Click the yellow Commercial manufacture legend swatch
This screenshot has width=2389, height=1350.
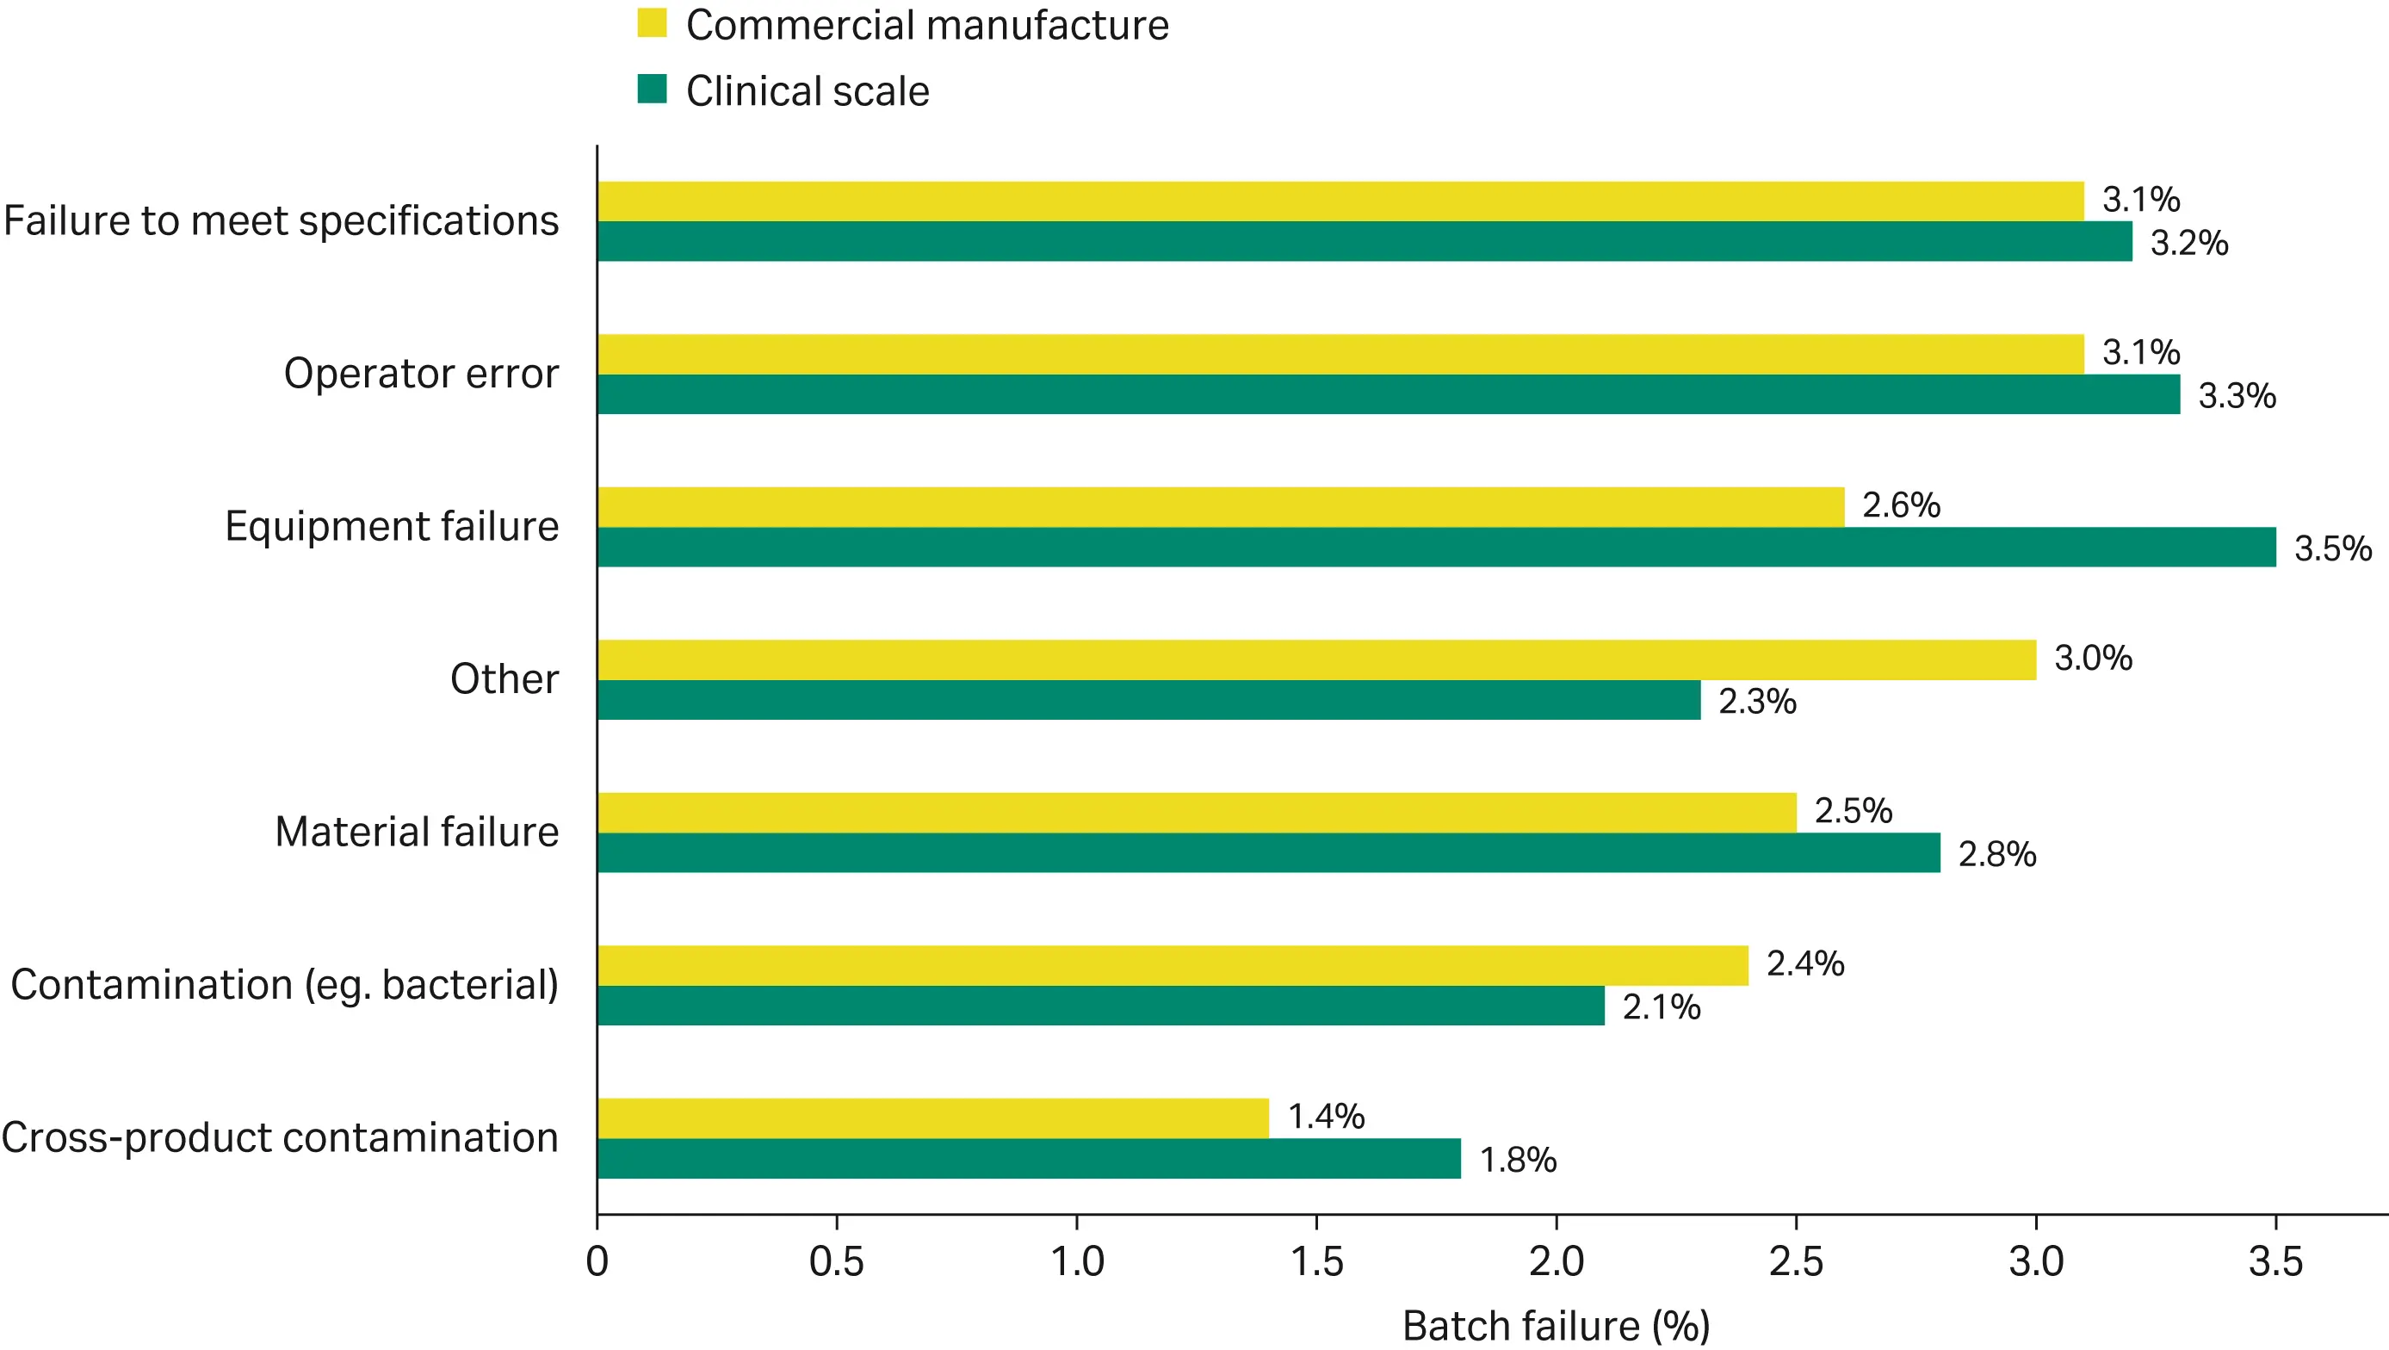[x=652, y=23]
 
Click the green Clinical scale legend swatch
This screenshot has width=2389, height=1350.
[x=652, y=89]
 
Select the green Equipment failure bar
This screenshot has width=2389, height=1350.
[x=1436, y=547]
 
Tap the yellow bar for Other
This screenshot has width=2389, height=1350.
[x=1316, y=660]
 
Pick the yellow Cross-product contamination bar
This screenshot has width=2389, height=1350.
[x=932, y=1118]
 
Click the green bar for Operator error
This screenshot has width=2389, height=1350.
[x=1388, y=394]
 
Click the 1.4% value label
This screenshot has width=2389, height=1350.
[x=1325, y=1117]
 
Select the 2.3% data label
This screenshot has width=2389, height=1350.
[x=1756, y=701]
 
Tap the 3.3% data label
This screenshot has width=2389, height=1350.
[x=2236, y=396]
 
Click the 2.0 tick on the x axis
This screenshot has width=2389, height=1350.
[x=1557, y=1262]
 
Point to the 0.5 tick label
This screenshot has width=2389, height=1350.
[x=836, y=1262]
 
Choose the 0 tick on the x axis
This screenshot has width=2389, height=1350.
[x=597, y=1262]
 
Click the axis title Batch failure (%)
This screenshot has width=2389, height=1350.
[x=1556, y=1326]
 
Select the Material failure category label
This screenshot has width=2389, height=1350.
[x=417, y=832]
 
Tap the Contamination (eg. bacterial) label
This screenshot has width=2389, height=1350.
[x=284, y=985]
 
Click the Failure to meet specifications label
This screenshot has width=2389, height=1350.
[x=281, y=220]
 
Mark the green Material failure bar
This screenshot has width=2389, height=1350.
[x=1268, y=852]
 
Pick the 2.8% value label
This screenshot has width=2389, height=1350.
[x=1996, y=854]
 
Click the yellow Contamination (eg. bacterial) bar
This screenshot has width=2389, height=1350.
[x=1173, y=965]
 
